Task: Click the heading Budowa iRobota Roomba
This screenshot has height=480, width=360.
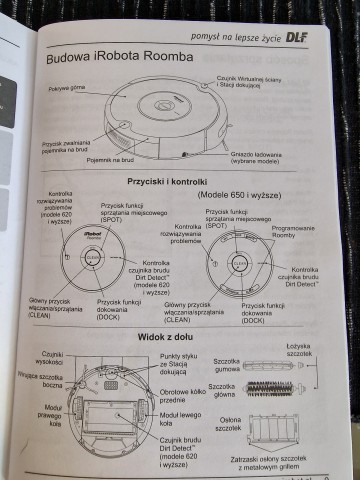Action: point(119,59)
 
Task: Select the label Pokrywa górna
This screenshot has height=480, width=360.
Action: point(68,89)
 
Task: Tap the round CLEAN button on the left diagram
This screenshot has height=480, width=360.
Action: point(93,256)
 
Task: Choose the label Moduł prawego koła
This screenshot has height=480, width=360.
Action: point(51,416)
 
